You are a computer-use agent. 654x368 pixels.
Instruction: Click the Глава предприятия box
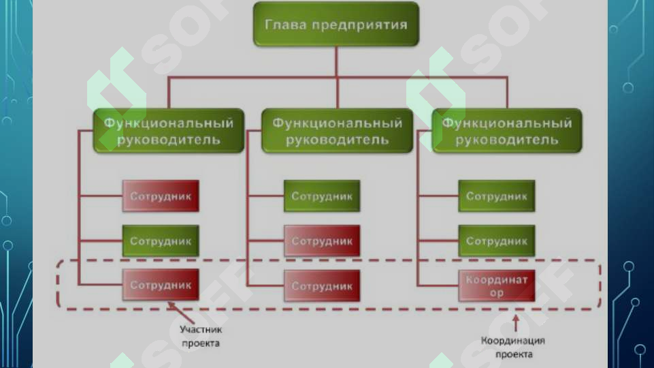coord(336,24)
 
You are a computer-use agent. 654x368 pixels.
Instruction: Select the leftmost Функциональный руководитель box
coord(169,131)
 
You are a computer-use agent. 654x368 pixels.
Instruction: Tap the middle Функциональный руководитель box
coord(337,131)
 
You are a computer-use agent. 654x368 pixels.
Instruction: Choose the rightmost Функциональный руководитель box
coord(507,131)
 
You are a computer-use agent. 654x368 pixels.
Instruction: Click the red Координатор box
coord(496,286)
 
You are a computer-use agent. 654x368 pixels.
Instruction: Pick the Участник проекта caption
coord(201,336)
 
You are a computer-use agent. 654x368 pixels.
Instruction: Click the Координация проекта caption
coord(513,347)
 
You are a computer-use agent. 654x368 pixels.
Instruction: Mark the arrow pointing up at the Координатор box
coord(516,323)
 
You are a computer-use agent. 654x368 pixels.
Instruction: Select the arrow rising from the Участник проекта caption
coord(180,312)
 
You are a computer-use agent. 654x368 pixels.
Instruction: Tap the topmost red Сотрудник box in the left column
coord(161,196)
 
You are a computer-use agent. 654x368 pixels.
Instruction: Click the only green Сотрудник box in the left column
coord(161,241)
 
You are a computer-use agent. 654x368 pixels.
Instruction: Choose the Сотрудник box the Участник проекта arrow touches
coord(161,285)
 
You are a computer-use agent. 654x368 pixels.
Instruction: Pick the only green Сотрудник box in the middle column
coord(322,196)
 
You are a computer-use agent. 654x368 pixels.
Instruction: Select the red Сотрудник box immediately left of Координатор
coord(322,286)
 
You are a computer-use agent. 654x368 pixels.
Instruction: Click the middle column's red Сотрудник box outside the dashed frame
coord(322,241)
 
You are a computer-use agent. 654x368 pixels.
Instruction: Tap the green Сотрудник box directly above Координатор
coord(496,241)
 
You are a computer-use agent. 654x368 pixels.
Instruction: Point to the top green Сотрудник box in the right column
coord(496,196)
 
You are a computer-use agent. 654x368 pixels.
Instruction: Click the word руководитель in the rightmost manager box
coord(507,140)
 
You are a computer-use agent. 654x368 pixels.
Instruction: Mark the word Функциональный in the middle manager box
coord(338,123)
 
